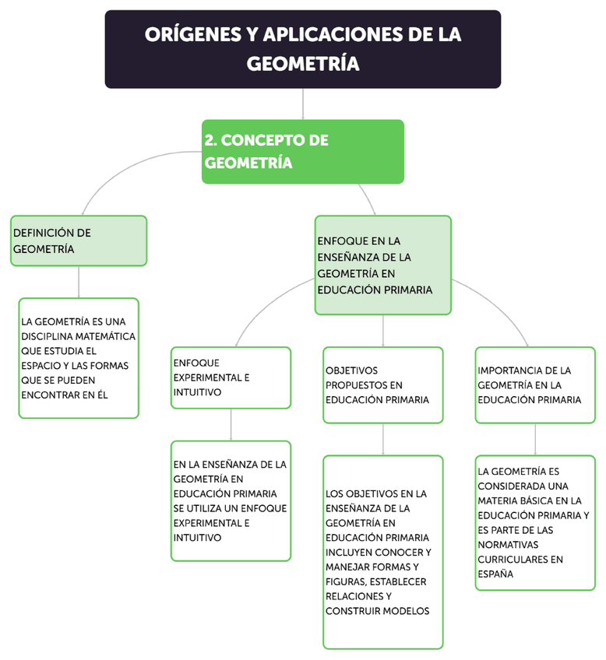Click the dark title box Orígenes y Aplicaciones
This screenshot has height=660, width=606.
[x=302, y=48]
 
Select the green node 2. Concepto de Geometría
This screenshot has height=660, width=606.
[x=302, y=151]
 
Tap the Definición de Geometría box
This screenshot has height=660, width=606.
[x=79, y=240]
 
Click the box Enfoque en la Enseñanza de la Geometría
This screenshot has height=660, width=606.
[x=382, y=265]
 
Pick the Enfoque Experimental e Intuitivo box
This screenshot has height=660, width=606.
[x=231, y=377]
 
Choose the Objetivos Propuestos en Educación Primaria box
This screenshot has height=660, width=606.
[x=382, y=384]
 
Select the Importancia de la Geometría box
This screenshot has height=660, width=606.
[x=534, y=384]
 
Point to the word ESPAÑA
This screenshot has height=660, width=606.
[x=495, y=574]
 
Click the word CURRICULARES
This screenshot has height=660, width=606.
[x=511, y=559]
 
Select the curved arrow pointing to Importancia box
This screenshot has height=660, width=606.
[x=499, y=311]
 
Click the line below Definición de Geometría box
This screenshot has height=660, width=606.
[x=79, y=282]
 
